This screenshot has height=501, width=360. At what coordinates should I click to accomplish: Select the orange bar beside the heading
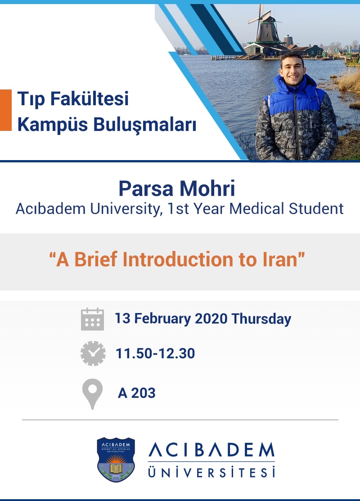(x=5, y=110)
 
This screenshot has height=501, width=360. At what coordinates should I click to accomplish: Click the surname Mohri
(x=207, y=188)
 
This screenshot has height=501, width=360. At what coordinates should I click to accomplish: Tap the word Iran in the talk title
(x=283, y=259)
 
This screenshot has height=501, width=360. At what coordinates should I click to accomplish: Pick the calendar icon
(x=92, y=319)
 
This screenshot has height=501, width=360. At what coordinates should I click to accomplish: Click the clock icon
(x=93, y=353)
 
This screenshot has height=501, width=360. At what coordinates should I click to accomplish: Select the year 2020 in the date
(x=211, y=319)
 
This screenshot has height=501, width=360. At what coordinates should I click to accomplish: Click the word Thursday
(x=261, y=319)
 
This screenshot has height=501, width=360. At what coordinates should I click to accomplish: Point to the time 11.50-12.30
(x=155, y=353)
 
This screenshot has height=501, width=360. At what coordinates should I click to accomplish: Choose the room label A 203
(x=137, y=393)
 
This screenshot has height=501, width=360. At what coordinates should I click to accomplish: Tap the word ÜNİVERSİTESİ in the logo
(x=211, y=472)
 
